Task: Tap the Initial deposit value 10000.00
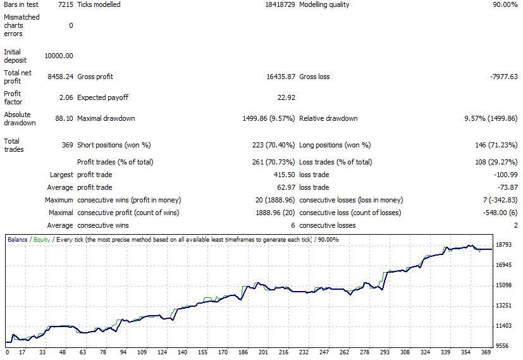click(x=59, y=56)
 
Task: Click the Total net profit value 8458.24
click(x=61, y=77)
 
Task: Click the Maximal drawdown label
click(x=106, y=118)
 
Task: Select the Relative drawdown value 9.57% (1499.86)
click(x=491, y=118)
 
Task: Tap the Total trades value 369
click(x=67, y=145)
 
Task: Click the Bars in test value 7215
click(x=65, y=4)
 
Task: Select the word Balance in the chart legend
click(x=18, y=240)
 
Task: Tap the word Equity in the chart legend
click(x=41, y=240)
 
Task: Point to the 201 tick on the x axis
click(x=264, y=352)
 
